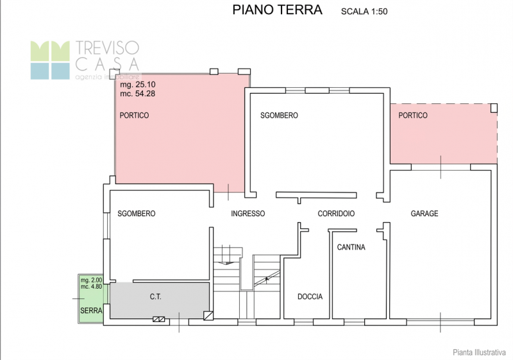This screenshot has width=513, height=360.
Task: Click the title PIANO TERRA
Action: (x=277, y=10)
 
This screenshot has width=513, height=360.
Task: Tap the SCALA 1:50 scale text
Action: (x=364, y=11)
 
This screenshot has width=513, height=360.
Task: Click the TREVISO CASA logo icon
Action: (x=50, y=60)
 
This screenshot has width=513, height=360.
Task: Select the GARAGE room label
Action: (x=425, y=214)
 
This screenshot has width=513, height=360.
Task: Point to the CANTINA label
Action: (x=351, y=247)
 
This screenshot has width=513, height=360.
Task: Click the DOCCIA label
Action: (x=310, y=297)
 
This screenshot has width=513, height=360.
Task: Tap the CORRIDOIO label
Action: (x=336, y=214)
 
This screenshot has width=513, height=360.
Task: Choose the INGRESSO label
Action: (x=248, y=214)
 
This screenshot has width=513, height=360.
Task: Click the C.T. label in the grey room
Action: (x=155, y=297)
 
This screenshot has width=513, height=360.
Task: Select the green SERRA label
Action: (x=91, y=311)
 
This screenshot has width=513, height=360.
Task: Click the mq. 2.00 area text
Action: (x=90, y=280)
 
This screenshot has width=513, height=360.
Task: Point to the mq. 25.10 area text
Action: (x=137, y=84)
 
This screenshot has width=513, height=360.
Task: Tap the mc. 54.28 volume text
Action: (x=137, y=94)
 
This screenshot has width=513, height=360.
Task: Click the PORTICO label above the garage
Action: (x=412, y=116)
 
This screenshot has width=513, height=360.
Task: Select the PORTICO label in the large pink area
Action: (x=134, y=116)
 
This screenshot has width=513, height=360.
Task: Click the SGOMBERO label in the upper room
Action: (x=279, y=116)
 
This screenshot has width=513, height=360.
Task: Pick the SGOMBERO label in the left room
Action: (x=136, y=214)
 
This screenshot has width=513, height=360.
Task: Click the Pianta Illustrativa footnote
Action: (x=479, y=351)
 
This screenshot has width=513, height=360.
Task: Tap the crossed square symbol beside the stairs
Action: (x=208, y=315)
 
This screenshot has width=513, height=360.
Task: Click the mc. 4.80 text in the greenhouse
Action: (x=90, y=287)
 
